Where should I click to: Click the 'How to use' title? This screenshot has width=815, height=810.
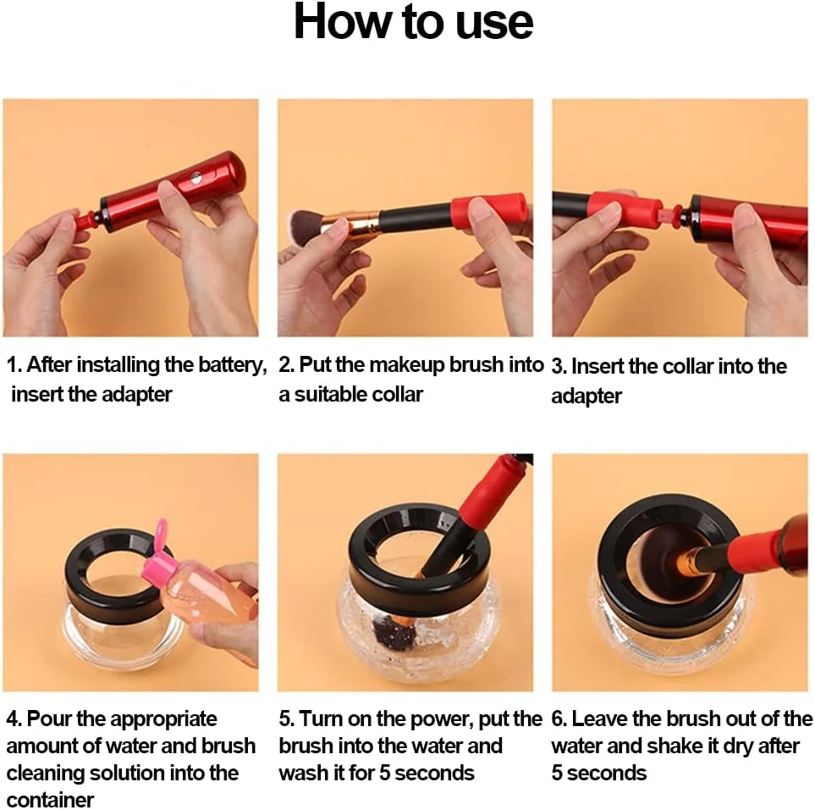point(413,22)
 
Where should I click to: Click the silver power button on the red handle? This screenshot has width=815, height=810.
point(196,179)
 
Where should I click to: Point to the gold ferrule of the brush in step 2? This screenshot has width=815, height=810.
point(358,222)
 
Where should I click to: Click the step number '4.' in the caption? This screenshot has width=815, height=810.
point(14,719)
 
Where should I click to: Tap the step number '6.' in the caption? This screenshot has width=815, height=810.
point(559,719)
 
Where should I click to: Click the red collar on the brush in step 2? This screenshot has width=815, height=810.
point(488,211)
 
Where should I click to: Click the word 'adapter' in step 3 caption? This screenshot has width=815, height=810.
point(586,396)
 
